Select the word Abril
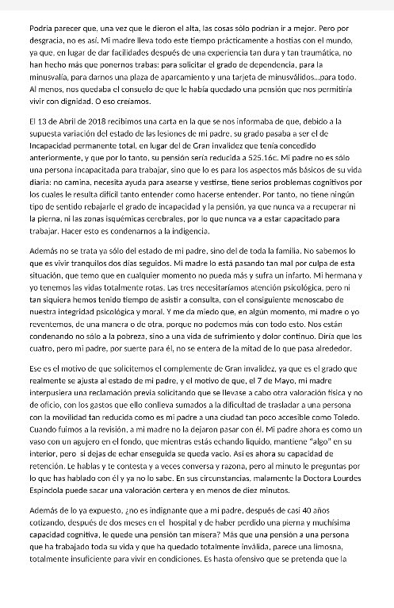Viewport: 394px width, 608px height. (60, 121)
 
